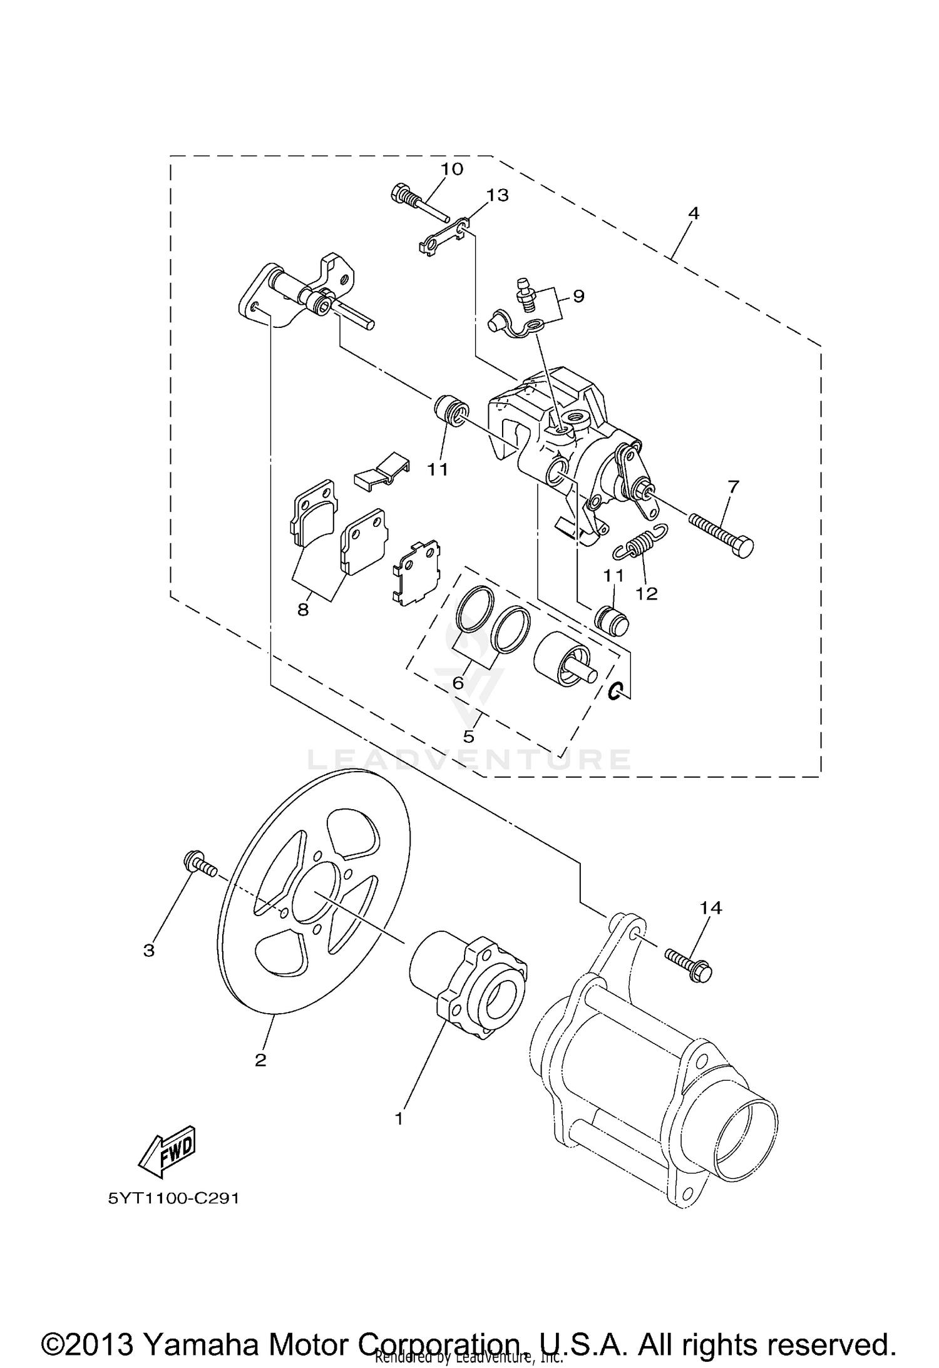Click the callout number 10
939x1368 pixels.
pos(451,169)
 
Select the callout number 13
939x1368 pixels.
pos(498,195)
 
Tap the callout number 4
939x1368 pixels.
pos(693,213)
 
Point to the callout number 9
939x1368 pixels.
pos(578,295)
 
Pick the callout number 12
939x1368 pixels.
pos(647,594)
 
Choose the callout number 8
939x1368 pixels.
pos(303,610)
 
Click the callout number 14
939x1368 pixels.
pos(711,907)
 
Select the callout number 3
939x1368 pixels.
pos(148,951)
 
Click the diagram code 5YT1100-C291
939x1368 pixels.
pos(174,1199)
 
